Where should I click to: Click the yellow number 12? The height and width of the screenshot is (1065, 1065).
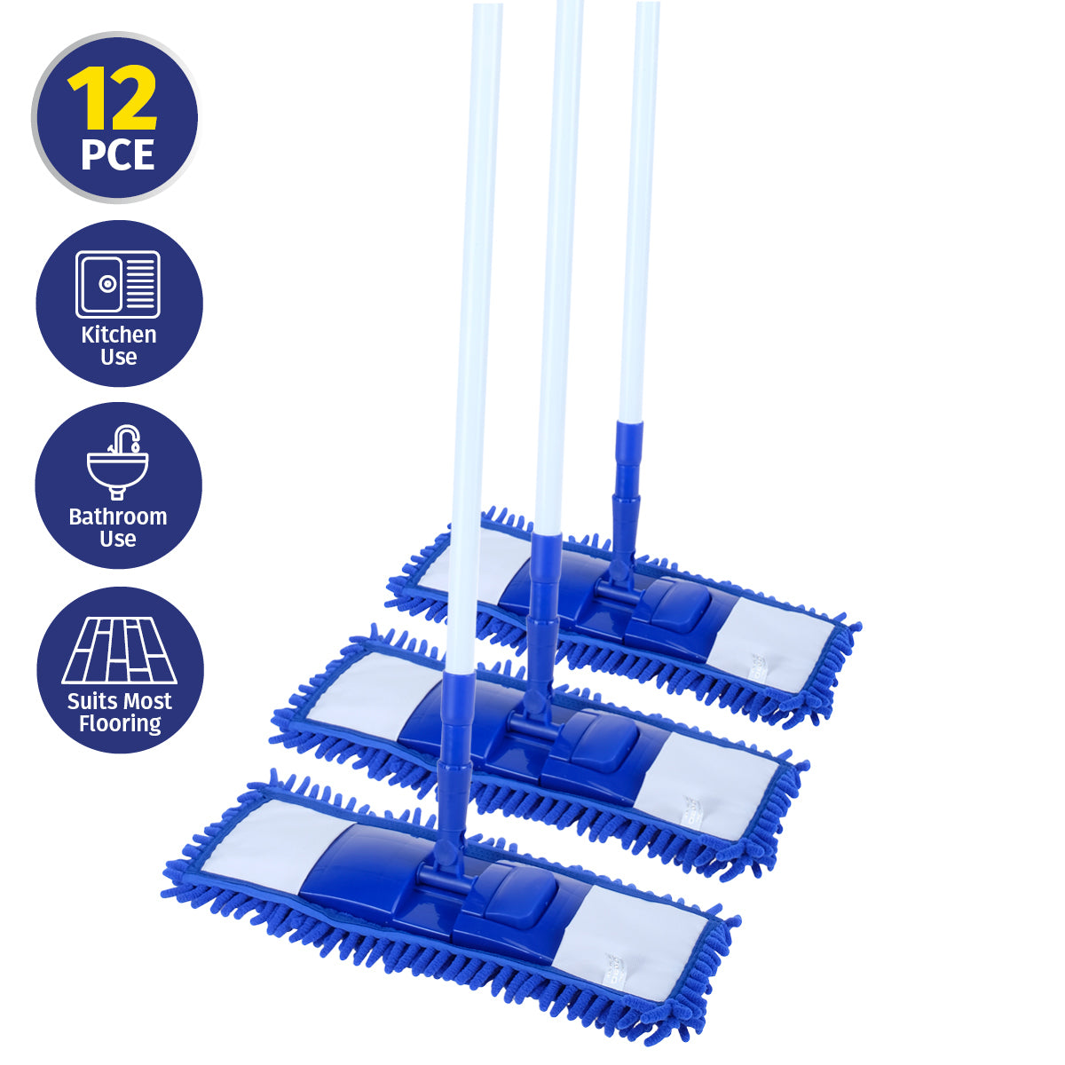113,99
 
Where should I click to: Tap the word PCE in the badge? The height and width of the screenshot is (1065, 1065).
117,154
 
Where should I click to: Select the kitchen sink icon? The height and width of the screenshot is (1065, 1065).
118,284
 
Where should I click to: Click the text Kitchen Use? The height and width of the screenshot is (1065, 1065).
118,345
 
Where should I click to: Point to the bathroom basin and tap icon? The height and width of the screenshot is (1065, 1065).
118,462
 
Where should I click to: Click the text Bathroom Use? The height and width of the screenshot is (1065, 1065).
118,527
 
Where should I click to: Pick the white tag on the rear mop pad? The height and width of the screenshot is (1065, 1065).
759,667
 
